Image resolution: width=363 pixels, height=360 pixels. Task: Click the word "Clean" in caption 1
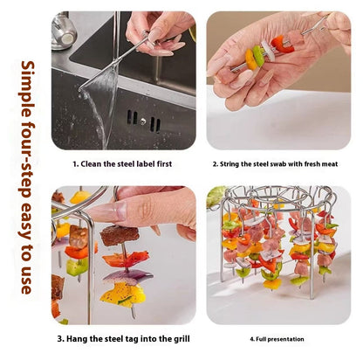pyautogui.click(x=91, y=164)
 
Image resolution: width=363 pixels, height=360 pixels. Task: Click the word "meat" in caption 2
pyautogui.click(x=329, y=164)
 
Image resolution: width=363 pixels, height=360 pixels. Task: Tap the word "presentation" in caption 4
pyautogui.click(x=285, y=339)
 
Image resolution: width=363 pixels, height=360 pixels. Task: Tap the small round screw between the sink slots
pyautogui.click(x=143, y=121)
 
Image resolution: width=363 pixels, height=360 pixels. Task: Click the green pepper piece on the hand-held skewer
pyautogui.click(x=258, y=55)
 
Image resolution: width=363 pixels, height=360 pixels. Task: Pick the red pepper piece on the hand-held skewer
pyautogui.click(x=281, y=45)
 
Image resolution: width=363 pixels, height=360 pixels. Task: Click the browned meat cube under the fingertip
pyautogui.click(x=120, y=235)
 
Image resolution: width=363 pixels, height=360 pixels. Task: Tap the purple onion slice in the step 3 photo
pyautogui.click(x=128, y=277)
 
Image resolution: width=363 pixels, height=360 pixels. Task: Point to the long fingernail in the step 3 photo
pyautogui.click(x=107, y=211)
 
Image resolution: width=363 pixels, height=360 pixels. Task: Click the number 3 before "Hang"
pyautogui.click(x=60, y=339)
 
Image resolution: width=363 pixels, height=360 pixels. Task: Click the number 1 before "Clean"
pyautogui.click(x=75, y=164)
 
